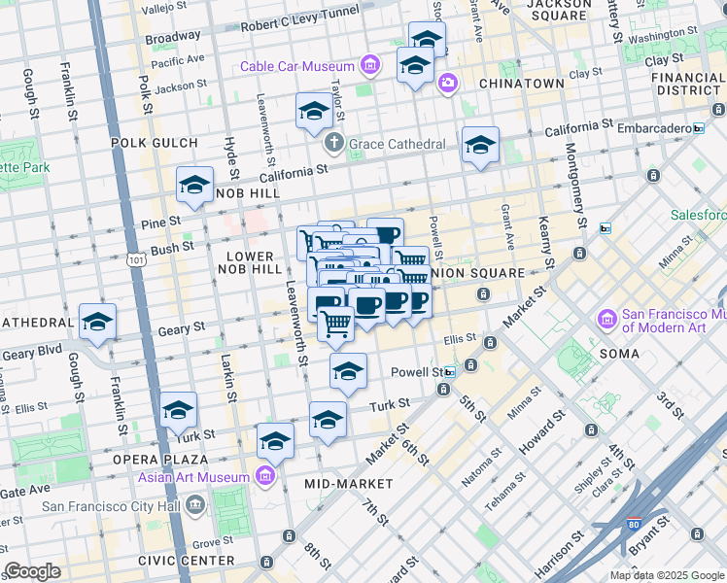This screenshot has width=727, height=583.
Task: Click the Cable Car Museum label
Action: point(299,66)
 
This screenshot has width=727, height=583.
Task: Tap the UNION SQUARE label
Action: point(485,273)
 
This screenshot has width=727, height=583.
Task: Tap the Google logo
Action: point(32,571)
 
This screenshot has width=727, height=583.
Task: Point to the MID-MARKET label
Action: point(348,484)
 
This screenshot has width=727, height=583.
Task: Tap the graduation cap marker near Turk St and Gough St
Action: point(179,411)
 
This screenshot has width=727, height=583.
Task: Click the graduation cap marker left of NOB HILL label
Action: point(194,185)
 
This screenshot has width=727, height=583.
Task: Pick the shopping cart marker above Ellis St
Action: point(336,323)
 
